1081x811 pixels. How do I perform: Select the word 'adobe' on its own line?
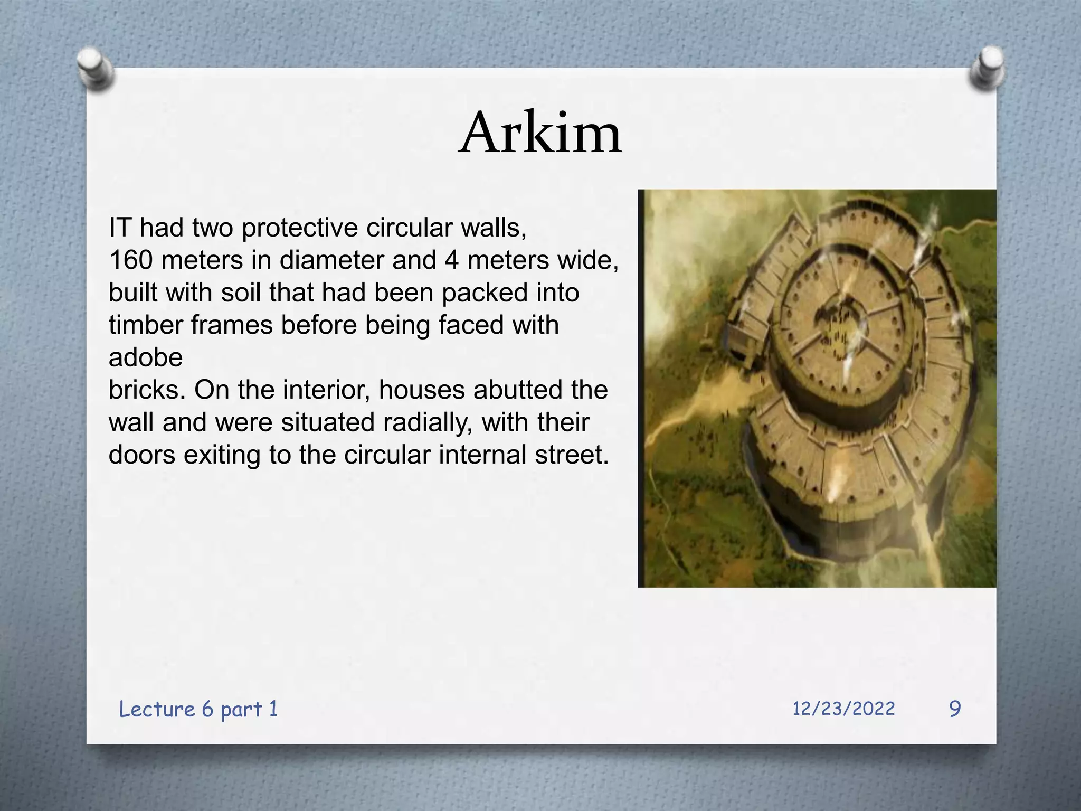coord(146,357)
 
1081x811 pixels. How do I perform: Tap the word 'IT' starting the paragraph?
coord(119,228)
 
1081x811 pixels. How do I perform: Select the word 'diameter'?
coord(331,260)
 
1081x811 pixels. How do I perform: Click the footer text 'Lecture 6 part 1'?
coord(198,709)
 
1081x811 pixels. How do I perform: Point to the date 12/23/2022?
coord(843,709)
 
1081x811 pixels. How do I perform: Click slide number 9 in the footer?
coord(955,709)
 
